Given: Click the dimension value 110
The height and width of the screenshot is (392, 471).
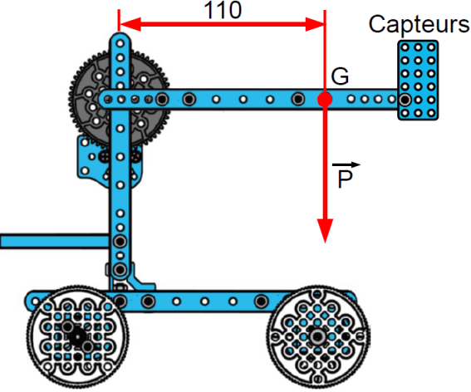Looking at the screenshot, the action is (223, 10).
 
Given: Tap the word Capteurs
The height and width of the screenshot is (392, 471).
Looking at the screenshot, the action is (419, 24).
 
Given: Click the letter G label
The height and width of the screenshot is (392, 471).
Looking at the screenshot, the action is (340, 76).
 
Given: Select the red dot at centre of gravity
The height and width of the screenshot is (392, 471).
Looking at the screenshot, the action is (325, 100).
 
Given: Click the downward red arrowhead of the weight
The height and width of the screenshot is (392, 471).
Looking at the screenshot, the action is (325, 231).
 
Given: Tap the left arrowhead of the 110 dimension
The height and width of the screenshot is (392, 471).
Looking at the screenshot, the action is (130, 24).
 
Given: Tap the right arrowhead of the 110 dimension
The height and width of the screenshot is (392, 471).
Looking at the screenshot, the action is (315, 24).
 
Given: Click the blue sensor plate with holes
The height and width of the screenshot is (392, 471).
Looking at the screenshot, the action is (418, 81).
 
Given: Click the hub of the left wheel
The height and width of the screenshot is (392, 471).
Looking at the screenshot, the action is (77, 337).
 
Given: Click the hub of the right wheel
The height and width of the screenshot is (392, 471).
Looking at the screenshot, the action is (317, 336).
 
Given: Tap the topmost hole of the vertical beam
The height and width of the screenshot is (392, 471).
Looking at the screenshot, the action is (120, 43).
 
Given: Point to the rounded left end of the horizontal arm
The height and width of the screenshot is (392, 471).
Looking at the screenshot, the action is (104, 99).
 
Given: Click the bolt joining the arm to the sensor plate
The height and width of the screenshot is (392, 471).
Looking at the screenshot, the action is (405, 100).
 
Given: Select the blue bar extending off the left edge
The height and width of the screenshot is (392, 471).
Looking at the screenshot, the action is (55, 241).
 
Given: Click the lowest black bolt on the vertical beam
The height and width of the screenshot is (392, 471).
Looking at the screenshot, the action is (120, 269).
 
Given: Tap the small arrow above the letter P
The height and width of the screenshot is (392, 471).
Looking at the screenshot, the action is (346, 164).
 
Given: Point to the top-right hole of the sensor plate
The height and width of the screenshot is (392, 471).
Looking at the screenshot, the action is (431, 47).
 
